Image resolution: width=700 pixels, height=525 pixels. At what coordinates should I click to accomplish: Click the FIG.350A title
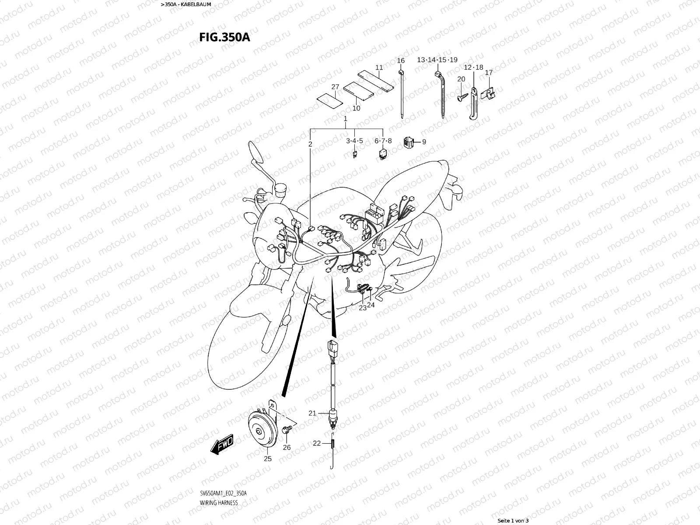click(224, 37)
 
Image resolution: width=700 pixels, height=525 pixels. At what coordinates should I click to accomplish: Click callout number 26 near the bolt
click(287, 447)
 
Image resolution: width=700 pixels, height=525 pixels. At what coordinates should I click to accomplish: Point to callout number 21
click(312, 413)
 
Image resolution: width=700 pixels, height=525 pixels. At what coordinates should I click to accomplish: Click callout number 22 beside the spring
click(317, 443)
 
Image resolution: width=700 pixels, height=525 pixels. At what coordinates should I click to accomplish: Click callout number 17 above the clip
click(489, 73)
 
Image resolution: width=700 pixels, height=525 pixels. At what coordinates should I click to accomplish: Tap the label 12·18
click(473, 67)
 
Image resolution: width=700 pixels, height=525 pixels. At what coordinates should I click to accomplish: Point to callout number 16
click(401, 60)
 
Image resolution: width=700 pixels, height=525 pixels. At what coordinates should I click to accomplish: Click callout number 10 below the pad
click(356, 108)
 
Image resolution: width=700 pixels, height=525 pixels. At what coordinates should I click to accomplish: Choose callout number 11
click(379, 67)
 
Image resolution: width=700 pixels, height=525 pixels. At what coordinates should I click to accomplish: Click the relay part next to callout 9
click(409, 142)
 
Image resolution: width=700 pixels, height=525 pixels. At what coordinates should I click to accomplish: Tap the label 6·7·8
click(383, 141)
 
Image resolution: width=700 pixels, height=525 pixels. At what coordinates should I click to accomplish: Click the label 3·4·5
click(354, 141)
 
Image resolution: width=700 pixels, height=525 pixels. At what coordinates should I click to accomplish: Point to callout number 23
click(363, 308)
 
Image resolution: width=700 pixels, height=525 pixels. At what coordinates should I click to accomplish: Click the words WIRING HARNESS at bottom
click(219, 503)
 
